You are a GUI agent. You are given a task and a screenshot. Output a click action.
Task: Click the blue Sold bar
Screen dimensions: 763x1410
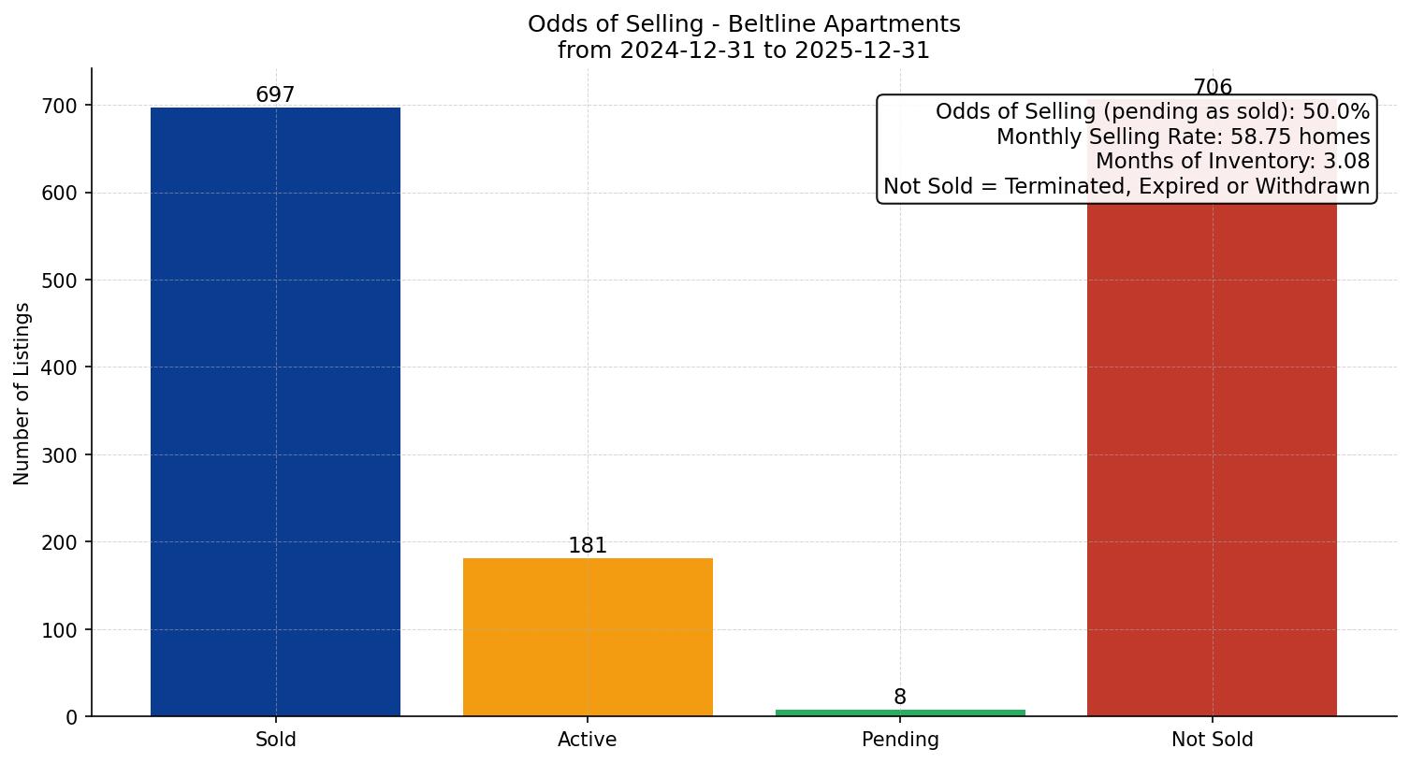tap(275, 411)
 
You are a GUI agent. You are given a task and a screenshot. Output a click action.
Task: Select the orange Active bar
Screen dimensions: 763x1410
tap(588, 637)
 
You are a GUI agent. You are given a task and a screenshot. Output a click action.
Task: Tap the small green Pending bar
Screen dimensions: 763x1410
tap(900, 713)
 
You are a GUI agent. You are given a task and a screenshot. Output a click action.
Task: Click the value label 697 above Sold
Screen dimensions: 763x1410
tap(275, 95)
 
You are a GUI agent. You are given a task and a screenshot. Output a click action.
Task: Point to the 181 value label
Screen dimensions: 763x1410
tap(588, 546)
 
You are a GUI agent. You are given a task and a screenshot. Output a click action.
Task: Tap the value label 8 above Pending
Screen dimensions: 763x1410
tap(900, 698)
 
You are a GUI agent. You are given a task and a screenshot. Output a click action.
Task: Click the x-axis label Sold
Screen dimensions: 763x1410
tap(275, 740)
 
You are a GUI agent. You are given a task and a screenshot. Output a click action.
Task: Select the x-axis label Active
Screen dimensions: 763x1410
tap(588, 740)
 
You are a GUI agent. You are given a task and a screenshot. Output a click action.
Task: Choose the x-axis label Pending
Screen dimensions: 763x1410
tap(900, 740)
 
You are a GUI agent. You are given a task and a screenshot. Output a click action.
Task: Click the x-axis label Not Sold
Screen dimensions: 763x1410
tap(1212, 740)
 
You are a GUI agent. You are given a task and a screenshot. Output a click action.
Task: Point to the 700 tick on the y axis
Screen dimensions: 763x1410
tap(61, 106)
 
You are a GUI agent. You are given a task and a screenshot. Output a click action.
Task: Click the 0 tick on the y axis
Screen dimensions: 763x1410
tap(72, 717)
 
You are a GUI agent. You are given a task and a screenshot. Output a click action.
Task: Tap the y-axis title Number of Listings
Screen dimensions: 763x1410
tap(22, 393)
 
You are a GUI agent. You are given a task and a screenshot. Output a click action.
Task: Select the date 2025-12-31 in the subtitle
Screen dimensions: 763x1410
tap(862, 50)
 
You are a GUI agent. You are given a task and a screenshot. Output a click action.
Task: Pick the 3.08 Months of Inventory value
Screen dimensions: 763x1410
tap(1346, 162)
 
